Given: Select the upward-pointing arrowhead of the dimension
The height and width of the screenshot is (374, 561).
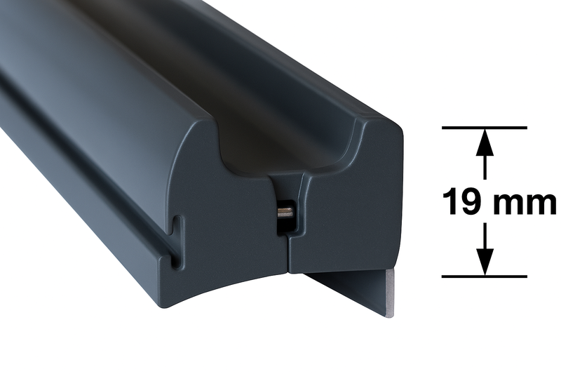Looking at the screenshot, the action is click(x=485, y=142).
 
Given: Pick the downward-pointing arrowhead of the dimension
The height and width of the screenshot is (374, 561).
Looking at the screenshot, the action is click(x=485, y=262).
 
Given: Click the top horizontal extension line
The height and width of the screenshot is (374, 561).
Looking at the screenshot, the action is click(x=485, y=128).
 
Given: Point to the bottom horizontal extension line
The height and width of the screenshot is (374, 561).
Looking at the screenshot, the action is click(x=485, y=276).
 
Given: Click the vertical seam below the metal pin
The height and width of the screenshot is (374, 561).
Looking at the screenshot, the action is click(x=288, y=253).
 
